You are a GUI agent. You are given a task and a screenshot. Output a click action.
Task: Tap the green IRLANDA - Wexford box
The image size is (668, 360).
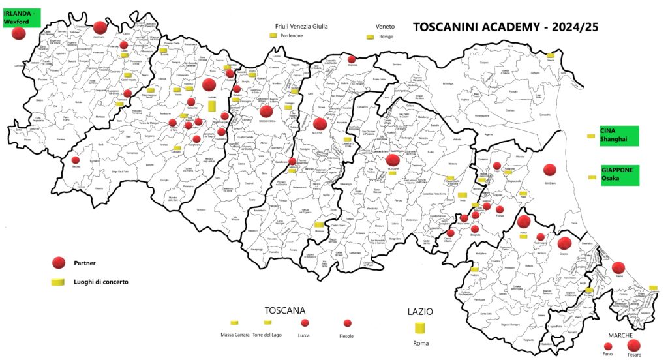tap(21, 18)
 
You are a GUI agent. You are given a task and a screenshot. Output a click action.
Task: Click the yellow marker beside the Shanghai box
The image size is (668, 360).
tap(591, 136)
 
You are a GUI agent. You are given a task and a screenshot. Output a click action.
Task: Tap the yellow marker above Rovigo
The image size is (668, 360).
tap(369, 37)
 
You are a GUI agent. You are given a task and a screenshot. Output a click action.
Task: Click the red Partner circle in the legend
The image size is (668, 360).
tap(59, 262)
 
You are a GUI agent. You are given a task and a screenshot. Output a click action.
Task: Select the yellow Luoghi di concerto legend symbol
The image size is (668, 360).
tap(59, 282)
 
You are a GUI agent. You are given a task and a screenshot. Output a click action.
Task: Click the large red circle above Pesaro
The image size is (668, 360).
tap(633, 345)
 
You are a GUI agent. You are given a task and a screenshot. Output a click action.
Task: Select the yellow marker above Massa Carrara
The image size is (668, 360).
tap(234, 323)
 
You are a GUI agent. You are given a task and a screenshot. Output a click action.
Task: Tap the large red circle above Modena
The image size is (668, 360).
tap(320, 123)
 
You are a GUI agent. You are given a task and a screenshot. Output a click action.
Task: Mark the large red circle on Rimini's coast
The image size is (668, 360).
tap(618, 267)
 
